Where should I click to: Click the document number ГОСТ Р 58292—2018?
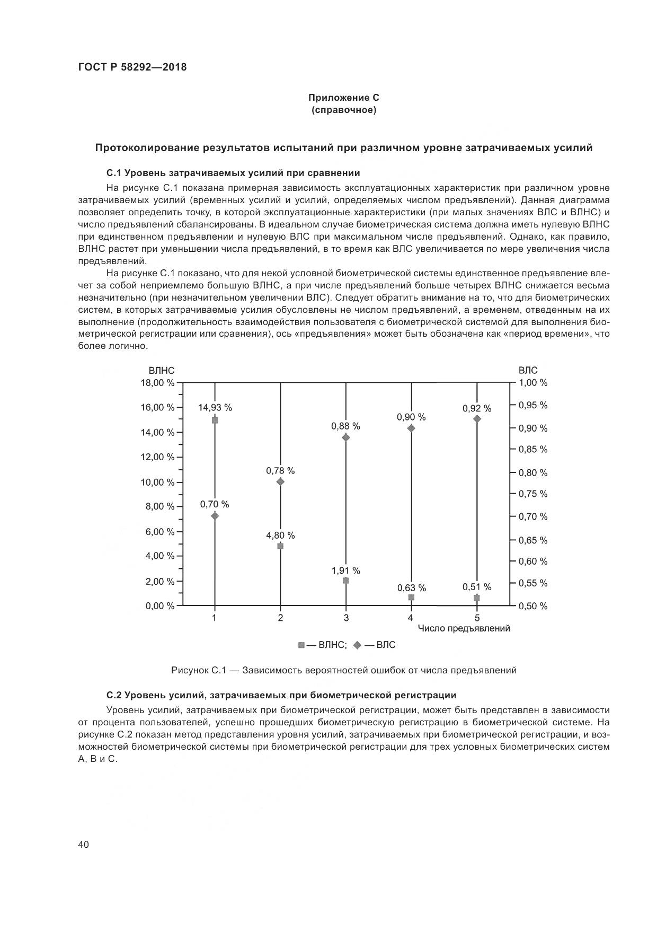(x=132, y=67)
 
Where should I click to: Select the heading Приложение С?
(x=344, y=98)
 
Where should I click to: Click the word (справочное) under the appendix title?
(x=344, y=110)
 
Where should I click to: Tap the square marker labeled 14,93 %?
(x=215, y=420)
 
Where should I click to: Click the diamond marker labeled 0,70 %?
(x=215, y=515)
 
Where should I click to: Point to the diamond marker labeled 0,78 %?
(x=280, y=481)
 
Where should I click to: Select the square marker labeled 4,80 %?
(x=280, y=546)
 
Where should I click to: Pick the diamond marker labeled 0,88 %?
(x=346, y=437)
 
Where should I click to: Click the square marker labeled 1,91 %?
(x=346, y=581)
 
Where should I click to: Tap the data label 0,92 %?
(x=476, y=409)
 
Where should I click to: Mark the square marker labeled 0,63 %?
(x=411, y=597)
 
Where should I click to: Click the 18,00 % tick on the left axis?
(x=157, y=383)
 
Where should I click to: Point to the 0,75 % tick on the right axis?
(x=532, y=494)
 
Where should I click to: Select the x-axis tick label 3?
(x=346, y=618)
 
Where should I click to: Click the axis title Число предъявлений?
(x=464, y=628)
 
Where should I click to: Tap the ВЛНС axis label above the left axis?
(x=161, y=371)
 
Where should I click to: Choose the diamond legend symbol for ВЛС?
(x=357, y=645)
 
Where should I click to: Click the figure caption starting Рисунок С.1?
(x=343, y=670)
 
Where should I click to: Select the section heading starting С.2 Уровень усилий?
(x=281, y=695)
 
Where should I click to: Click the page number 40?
(x=83, y=845)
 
